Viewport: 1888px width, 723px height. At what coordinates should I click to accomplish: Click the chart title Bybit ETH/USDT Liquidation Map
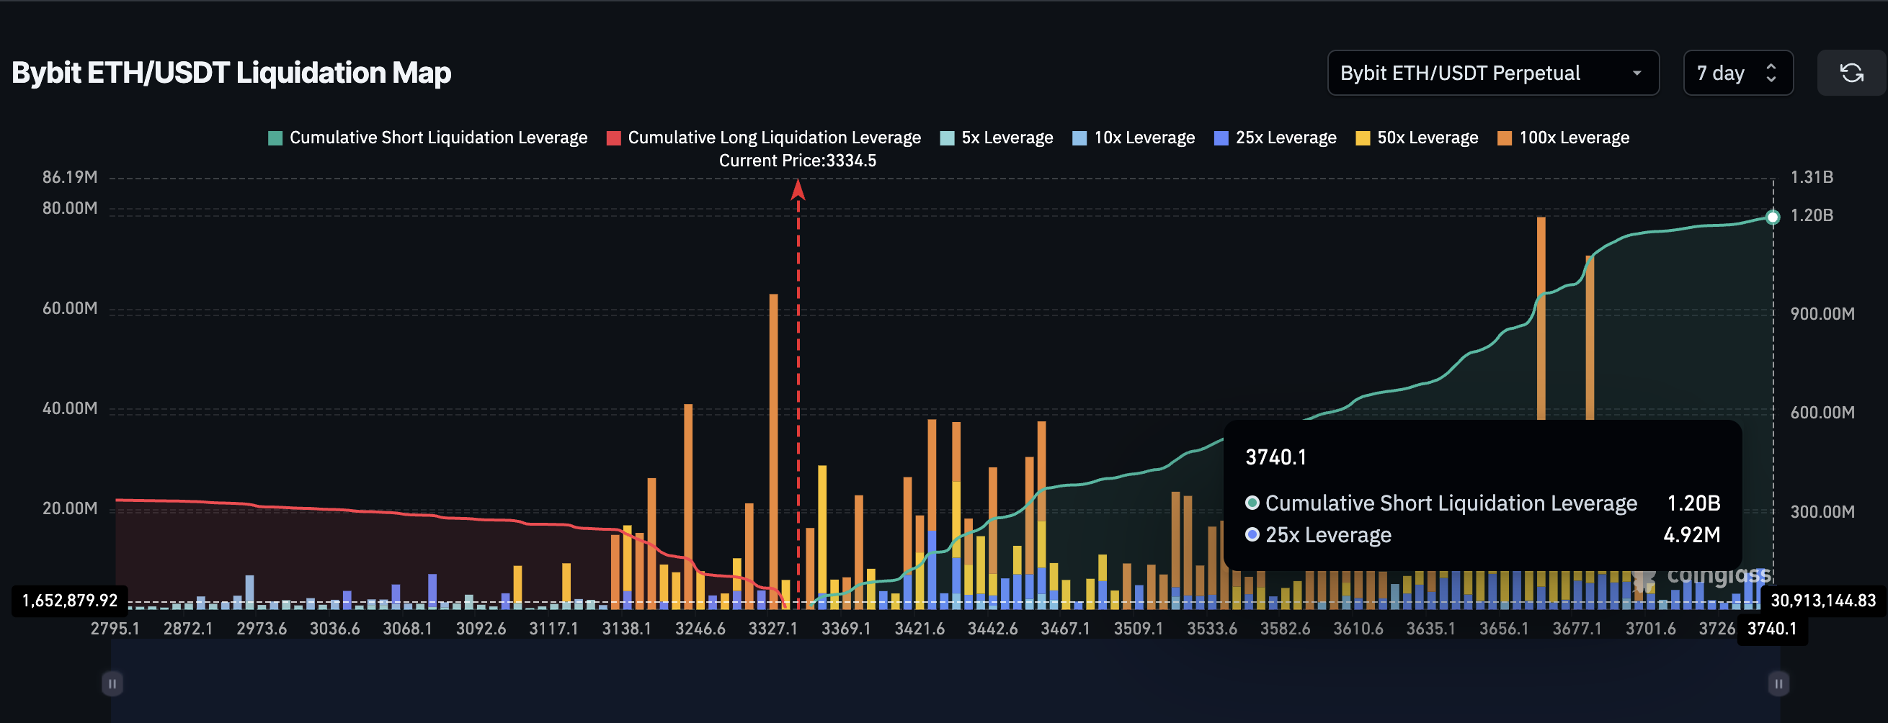[231, 73]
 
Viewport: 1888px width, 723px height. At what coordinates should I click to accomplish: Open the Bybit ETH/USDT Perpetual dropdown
[1492, 73]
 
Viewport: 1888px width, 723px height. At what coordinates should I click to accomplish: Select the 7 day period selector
[1737, 73]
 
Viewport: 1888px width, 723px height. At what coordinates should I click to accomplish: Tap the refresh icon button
[1851, 73]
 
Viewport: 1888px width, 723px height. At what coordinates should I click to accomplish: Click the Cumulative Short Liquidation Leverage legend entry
[428, 138]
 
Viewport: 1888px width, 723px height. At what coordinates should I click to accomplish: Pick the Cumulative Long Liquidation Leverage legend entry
[764, 138]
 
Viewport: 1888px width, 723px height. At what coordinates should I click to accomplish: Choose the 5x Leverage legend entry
[997, 138]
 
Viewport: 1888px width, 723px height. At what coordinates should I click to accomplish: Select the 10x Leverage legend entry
[1134, 138]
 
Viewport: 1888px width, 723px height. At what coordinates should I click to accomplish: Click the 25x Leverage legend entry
[1275, 138]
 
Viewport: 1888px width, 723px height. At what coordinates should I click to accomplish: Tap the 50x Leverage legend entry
[1417, 138]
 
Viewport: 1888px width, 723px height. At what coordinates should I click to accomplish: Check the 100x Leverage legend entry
[1563, 138]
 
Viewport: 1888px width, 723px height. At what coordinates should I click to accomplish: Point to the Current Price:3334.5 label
[798, 161]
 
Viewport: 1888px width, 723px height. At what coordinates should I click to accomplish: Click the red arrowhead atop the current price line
[798, 189]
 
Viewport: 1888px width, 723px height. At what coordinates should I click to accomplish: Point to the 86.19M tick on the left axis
[70, 177]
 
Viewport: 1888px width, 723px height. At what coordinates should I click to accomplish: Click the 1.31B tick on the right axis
[1812, 177]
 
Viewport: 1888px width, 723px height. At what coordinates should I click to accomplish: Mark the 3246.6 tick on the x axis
[700, 629]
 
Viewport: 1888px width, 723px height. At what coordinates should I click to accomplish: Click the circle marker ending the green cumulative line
[1772, 217]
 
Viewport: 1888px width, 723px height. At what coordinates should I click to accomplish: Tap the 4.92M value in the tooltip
[1691, 535]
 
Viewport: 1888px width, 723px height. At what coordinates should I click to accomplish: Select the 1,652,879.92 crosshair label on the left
[70, 601]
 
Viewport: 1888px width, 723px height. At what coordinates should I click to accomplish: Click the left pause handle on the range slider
[112, 683]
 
